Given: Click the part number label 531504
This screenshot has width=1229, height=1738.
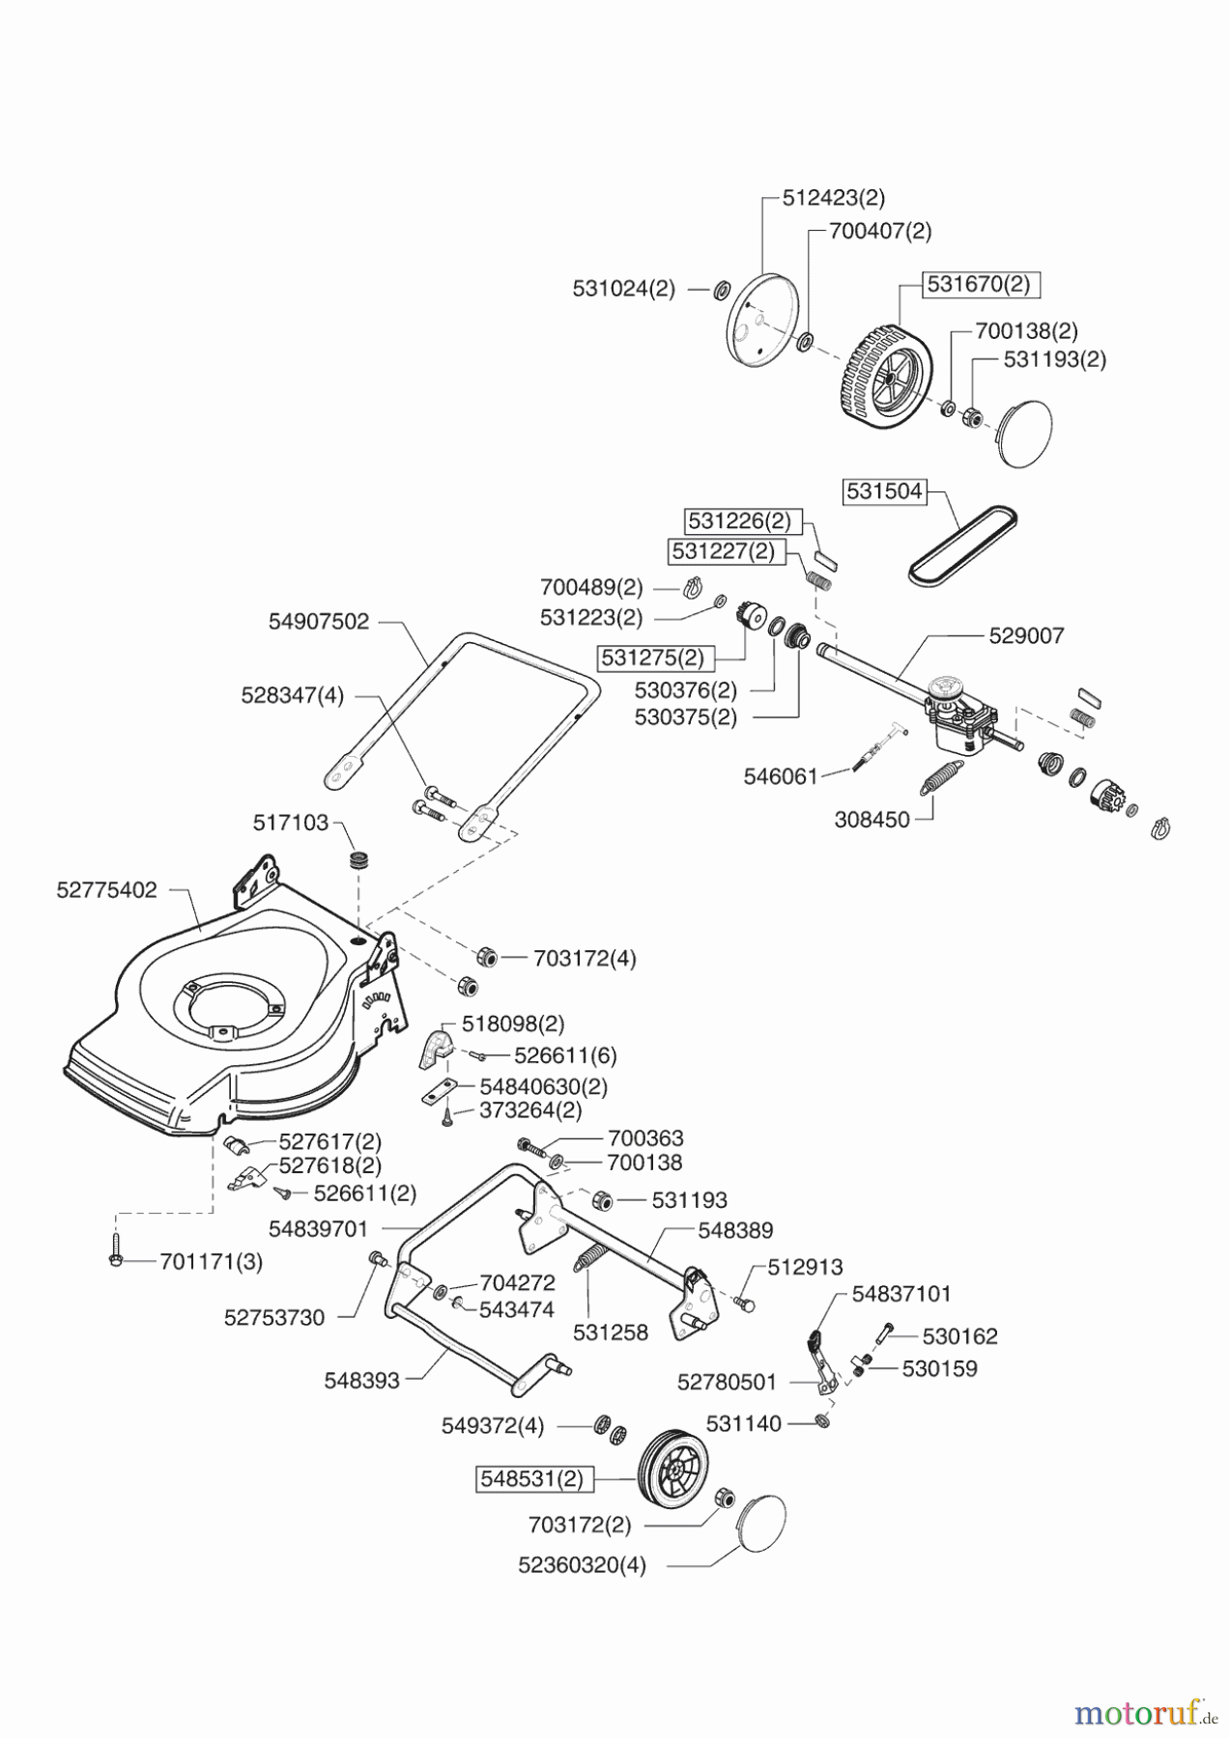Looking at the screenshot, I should point(884,491).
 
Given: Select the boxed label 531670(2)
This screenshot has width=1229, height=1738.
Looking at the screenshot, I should point(979,285).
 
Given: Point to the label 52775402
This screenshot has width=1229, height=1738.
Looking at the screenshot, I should point(106,890).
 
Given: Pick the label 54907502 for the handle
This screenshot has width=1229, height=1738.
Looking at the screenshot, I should point(319,622).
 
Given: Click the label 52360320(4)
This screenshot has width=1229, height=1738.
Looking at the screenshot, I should point(582,1565).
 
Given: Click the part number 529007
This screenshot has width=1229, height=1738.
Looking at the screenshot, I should point(1026,635).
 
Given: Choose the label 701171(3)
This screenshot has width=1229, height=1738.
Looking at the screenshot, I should point(212,1261).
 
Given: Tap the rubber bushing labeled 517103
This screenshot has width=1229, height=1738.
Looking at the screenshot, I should point(361,859).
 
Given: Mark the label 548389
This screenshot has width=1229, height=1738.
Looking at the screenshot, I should point(735,1231).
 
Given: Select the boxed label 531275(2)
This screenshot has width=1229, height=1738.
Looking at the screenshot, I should point(651,659).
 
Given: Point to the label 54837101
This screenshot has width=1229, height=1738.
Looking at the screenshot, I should point(901,1293).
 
